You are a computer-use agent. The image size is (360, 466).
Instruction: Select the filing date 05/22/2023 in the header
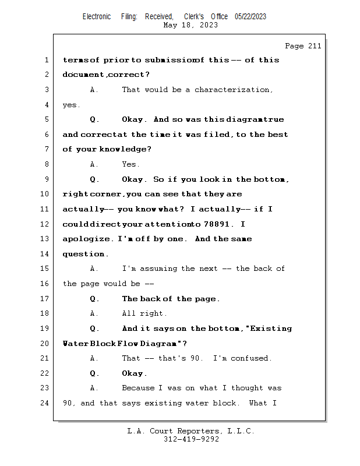[250, 16]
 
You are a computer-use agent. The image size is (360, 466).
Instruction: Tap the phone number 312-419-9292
[191, 439]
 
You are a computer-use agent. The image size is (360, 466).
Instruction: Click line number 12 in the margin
[44, 224]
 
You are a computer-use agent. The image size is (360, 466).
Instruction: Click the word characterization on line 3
[232, 90]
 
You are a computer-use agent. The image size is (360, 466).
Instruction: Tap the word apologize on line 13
[86, 239]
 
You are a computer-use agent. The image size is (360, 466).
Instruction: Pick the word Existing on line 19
[271, 329]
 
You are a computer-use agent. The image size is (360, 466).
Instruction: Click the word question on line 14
[83, 254]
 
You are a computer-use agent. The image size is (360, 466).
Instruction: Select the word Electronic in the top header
[97, 16]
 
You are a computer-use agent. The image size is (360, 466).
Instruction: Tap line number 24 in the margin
[44, 403]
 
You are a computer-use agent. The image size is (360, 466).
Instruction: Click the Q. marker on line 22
[94, 373]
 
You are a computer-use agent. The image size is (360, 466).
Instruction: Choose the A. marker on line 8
[94, 164]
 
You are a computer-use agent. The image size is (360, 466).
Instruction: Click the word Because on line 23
[138, 388]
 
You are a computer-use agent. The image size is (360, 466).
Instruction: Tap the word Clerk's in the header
[194, 16]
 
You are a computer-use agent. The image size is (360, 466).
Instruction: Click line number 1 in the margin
[47, 60]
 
